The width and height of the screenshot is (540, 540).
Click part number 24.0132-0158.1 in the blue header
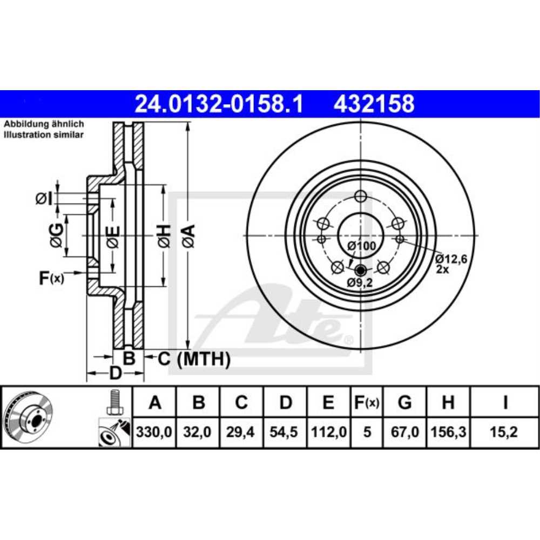219,104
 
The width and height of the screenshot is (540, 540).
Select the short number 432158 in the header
374,104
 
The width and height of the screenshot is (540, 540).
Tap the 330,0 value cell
154,432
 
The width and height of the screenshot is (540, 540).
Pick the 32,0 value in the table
197,432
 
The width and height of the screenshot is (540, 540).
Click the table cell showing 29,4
240,432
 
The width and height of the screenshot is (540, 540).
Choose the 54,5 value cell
284,432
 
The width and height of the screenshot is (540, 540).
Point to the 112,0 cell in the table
329,432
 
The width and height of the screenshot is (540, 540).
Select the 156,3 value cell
448,432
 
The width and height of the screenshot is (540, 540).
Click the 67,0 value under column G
404,432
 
